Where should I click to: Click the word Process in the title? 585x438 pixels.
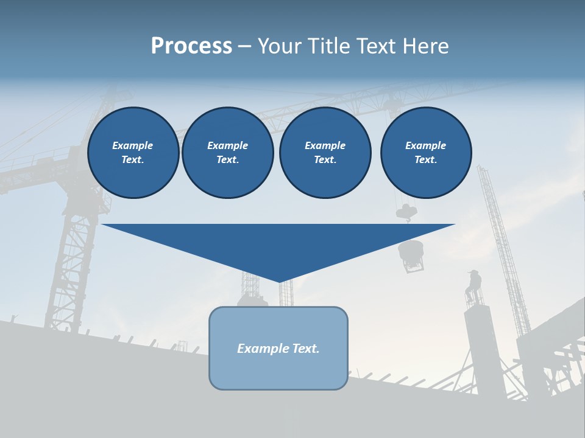tap(191, 46)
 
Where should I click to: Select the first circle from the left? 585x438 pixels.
tap(133, 152)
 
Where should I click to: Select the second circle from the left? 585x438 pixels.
tap(227, 152)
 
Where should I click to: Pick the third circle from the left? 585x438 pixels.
tap(325, 152)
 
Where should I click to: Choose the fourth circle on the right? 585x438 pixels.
tap(425, 152)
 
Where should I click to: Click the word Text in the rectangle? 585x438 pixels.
tap(306, 349)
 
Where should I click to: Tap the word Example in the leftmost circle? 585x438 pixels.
tap(133, 145)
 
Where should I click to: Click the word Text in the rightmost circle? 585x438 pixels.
tap(425, 159)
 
